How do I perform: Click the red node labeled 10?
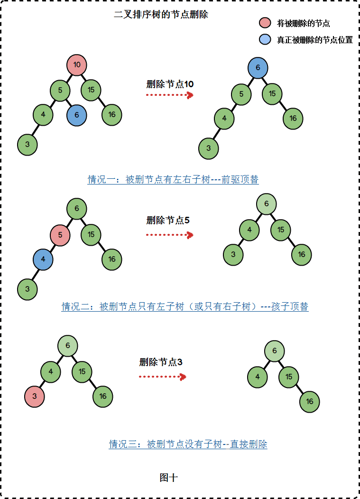77,65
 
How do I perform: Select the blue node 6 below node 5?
76,115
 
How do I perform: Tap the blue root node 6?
258,68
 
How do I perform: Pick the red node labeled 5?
60,234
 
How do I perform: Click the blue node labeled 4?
43,259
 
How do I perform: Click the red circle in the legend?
265,23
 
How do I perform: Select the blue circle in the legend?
265,40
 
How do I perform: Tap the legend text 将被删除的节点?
304,23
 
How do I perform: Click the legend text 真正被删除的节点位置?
315,40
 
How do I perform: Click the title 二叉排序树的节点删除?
161,15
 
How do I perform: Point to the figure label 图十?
169,478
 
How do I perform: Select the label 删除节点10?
170,84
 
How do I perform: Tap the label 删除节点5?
168,221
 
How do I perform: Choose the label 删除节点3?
161,362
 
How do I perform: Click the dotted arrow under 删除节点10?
169,95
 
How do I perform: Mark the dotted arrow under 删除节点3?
162,377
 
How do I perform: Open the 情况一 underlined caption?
173,180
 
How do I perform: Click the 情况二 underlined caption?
185,307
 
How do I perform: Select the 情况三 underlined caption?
188,444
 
